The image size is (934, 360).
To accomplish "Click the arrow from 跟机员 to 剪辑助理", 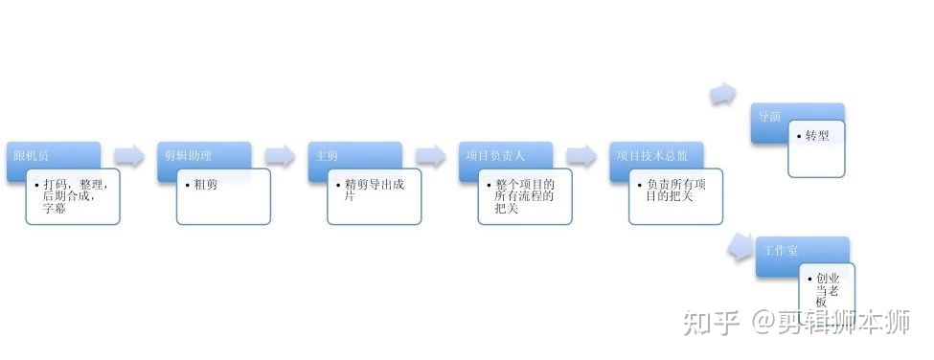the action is click(x=128, y=156).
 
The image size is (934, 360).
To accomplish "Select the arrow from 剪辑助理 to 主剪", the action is click(x=280, y=156).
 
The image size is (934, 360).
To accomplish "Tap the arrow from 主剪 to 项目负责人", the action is click(x=431, y=156).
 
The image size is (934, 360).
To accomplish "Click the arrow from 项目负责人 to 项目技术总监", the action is click(x=581, y=156).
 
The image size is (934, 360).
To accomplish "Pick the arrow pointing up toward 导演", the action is click(x=723, y=95).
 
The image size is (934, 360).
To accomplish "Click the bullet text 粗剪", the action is click(x=205, y=185).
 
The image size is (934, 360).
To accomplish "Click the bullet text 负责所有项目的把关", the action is click(x=674, y=191).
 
